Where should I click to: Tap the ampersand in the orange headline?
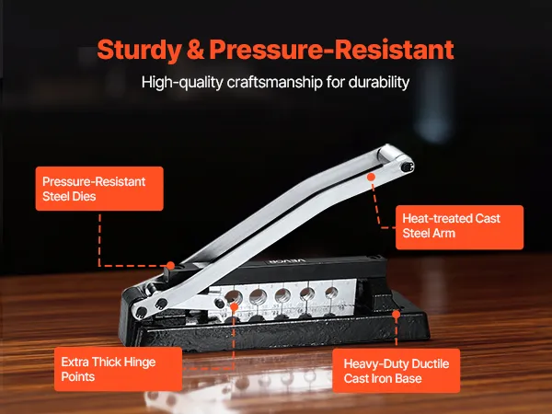pyautogui.click(x=195, y=50)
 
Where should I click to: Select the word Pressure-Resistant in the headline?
pyautogui.click(x=331, y=50)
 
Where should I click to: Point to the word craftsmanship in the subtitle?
pyautogui.click(x=274, y=82)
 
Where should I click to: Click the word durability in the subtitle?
pyautogui.click(x=379, y=82)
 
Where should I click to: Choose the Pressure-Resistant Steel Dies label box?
pyautogui.click(x=99, y=189)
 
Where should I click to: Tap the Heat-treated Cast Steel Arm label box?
pyautogui.click(x=459, y=227)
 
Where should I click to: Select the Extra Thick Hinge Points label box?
pyautogui.click(x=118, y=369)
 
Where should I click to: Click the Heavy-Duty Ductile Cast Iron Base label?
pyautogui.click(x=396, y=371)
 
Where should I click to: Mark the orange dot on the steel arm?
pyautogui.click(x=371, y=177)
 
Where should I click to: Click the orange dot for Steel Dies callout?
pyautogui.click(x=170, y=266)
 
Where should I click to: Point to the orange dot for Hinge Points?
pyautogui.click(x=234, y=306)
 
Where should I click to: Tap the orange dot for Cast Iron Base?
pyautogui.click(x=396, y=315)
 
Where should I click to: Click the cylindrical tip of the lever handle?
pyautogui.click(x=388, y=153)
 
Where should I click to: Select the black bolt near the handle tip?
pyautogui.click(x=407, y=167)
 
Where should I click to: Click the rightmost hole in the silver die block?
pyautogui.click(x=331, y=293)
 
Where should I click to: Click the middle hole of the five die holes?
pyautogui.click(x=282, y=295)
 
